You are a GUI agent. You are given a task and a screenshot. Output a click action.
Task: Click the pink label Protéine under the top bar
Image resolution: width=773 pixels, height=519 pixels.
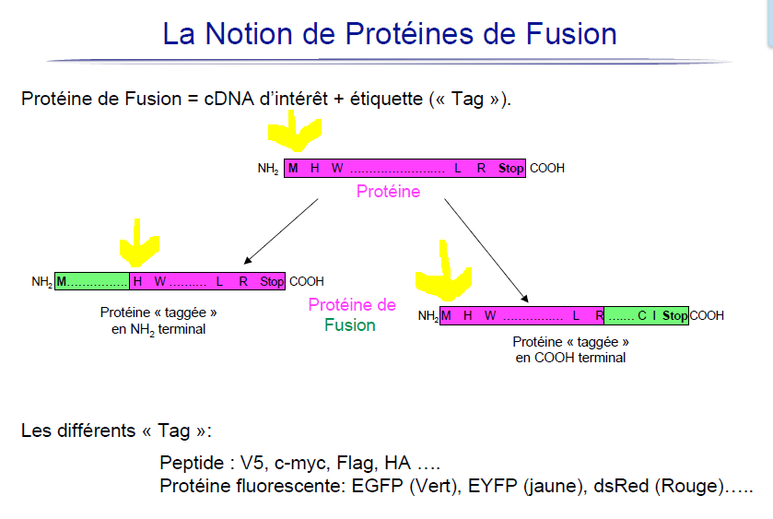[x=388, y=192]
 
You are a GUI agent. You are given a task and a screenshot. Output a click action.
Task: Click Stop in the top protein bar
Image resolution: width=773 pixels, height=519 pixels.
[x=510, y=169]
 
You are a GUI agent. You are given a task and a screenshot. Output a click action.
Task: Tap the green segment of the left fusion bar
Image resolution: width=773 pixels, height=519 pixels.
[x=92, y=281]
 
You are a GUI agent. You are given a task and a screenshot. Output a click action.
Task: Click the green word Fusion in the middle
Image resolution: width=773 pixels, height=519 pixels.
[x=350, y=324]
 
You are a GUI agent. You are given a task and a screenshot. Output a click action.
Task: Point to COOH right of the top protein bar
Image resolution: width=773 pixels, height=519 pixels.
[x=547, y=169]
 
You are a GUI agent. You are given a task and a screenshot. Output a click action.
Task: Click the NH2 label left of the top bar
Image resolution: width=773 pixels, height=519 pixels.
[x=268, y=169]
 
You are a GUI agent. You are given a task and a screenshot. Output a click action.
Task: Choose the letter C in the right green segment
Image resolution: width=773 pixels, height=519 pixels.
[x=641, y=316]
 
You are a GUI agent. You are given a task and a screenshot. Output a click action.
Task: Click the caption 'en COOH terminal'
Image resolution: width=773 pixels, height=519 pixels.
[x=570, y=358]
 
